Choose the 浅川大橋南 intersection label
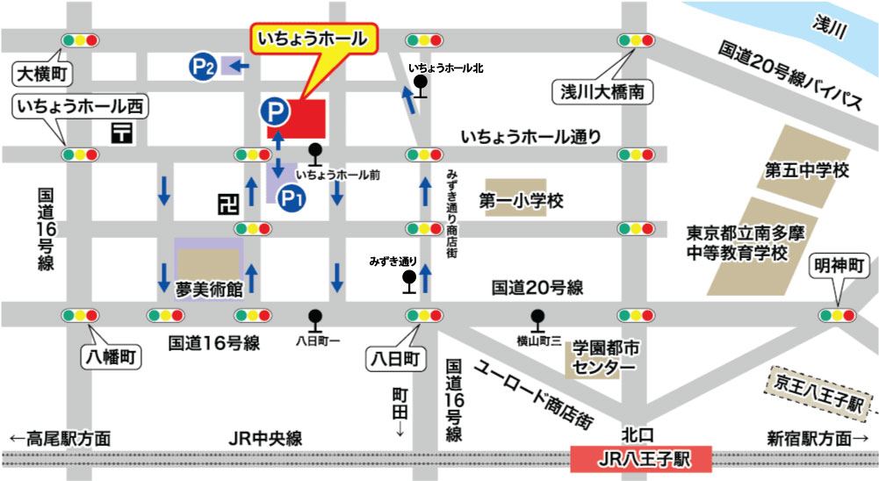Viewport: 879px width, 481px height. tap(602, 90)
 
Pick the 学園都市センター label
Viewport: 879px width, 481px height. tap(606, 357)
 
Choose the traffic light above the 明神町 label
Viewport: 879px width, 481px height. tap(837, 315)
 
